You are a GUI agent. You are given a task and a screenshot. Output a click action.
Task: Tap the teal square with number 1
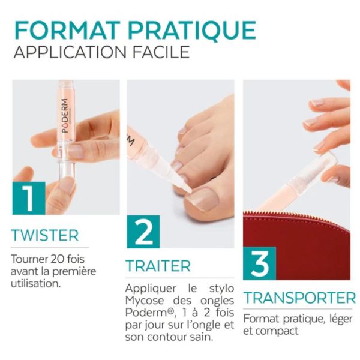28,199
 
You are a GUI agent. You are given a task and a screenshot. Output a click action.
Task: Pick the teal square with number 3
259,263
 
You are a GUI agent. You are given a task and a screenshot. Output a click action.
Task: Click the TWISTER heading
45,235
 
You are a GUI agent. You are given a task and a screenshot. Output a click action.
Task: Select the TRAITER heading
158,266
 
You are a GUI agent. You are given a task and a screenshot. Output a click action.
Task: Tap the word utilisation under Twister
36,283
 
